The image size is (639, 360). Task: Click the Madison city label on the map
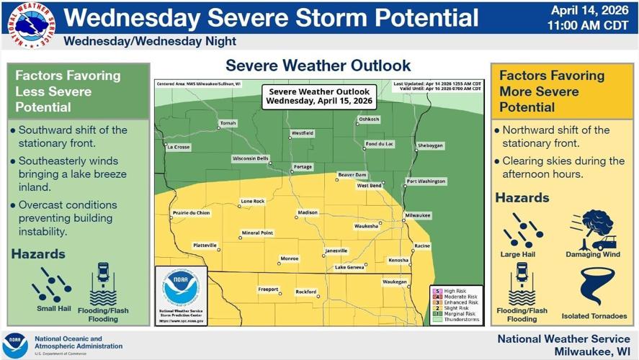click(307, 212)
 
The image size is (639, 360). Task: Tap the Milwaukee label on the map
click(418, 215)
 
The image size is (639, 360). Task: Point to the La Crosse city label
click(178, 147)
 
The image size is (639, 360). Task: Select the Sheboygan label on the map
click(430, 145)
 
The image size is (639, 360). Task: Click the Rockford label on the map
click(305, 292)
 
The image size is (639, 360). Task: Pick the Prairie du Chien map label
click(191, 213)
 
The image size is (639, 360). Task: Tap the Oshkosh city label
click(369, 119)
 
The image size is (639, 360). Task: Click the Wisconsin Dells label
click(250, 158)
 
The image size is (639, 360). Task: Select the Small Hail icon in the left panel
click(52, 284)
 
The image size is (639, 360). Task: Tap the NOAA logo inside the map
click(181, 288)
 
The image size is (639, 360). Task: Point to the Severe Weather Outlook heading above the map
click(318, 66)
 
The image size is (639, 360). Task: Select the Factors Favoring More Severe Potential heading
click(552, 91)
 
